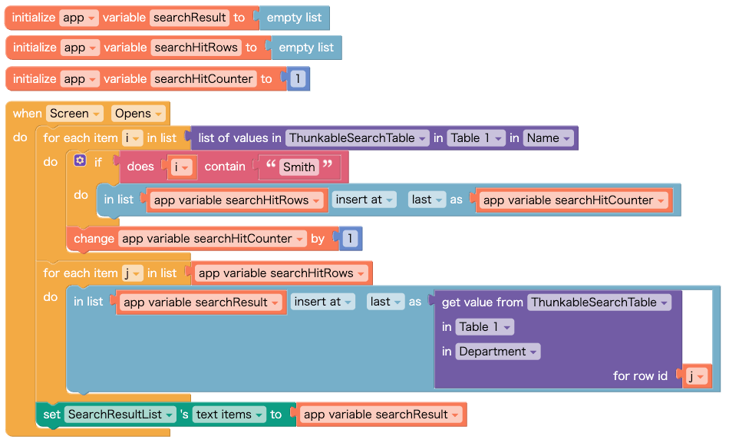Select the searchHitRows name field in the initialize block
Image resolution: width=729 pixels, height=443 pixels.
click(x=196, y=48)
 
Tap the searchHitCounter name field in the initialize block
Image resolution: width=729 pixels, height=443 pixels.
click(x=203, y=79)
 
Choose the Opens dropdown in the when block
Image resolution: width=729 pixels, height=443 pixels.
click(x=138, y=114)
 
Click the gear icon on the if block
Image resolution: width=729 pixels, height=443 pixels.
click(x=80, y=161)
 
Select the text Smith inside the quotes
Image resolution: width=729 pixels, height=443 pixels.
click(x=299, y=167)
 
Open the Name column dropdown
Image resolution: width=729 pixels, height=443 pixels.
click(x=549, y=138)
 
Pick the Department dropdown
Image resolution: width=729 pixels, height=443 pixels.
click(x=498, y=352)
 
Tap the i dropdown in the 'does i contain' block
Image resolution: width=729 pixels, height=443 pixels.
click(x=181, y=167)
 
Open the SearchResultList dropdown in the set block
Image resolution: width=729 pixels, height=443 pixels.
click(x=120, y=415)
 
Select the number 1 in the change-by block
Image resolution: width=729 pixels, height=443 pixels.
click(x=350, y=239)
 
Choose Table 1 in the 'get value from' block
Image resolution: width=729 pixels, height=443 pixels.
click(x=484, y=327)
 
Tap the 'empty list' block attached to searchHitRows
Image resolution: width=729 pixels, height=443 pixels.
click(x=306, y=48)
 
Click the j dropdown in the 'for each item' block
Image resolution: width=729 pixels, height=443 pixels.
click(x=131, y=273)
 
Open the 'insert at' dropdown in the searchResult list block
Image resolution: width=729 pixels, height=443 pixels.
click(x=322, y=302)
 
